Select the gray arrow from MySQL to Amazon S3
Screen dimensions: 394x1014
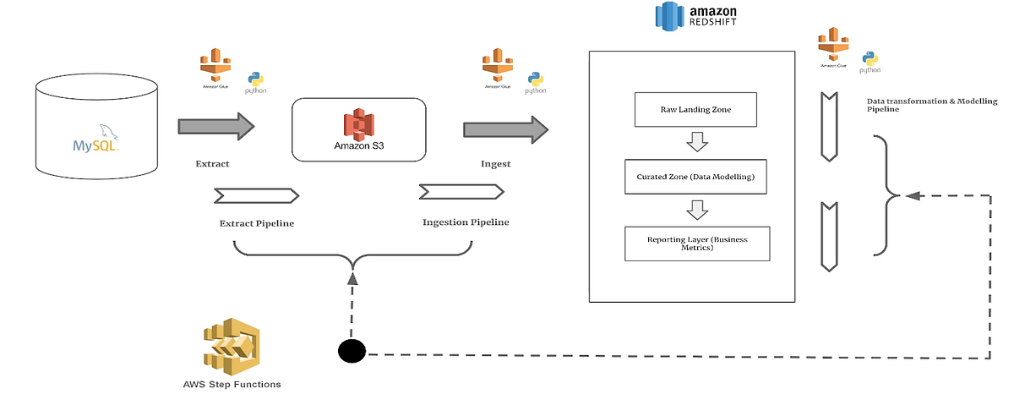215,127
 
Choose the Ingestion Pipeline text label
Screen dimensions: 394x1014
466,222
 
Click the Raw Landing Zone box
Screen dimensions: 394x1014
695,110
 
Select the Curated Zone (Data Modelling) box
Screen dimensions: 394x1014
695,177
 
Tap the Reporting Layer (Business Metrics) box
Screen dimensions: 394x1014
697,244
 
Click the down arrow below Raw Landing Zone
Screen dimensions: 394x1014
696,141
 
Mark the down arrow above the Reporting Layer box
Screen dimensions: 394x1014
696,209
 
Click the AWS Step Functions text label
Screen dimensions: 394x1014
232,384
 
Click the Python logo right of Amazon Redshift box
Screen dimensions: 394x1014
870,60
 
